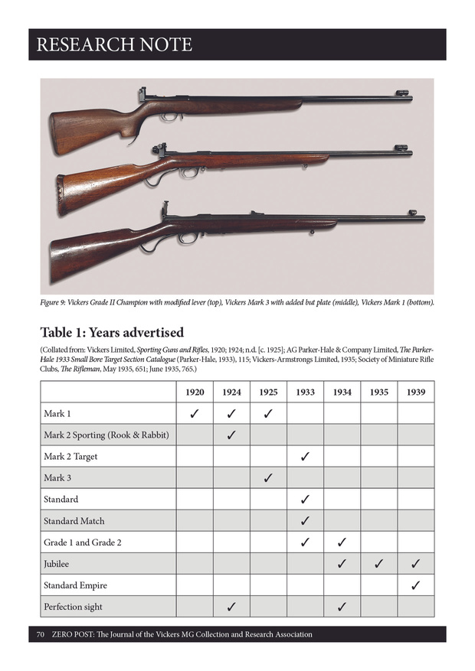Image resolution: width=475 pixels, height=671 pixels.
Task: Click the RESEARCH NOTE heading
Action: pos(114,44)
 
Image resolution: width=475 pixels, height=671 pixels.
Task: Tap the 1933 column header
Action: pos(305,392)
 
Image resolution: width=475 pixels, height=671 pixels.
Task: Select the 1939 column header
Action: pos(416,392)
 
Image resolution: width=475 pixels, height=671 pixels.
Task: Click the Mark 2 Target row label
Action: pos(70,457)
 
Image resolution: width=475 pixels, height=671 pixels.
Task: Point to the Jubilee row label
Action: pos(58,564)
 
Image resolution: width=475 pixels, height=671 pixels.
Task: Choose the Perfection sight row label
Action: pos(73,607)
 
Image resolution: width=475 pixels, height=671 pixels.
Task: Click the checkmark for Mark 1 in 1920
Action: pos(195,414)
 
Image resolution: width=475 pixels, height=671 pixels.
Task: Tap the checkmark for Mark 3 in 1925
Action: pos(268,478)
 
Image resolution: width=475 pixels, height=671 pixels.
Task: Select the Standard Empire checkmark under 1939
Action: pos(416,585)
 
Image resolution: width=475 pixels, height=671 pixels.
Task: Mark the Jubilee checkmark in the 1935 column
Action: pos(378,564)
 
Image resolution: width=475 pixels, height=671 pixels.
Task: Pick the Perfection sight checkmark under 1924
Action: pos(231,607)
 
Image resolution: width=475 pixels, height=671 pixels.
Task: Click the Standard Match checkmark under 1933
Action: pos(305,521)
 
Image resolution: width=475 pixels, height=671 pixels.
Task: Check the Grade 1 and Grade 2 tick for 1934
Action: pos(342,542)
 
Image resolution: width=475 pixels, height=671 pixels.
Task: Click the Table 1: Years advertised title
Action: pos(112,332)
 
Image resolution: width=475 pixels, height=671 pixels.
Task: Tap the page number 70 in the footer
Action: pos(41,634)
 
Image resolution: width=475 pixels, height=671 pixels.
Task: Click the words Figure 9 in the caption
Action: pos(57,302)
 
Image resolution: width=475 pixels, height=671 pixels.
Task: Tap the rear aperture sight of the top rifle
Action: pos(143,96)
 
